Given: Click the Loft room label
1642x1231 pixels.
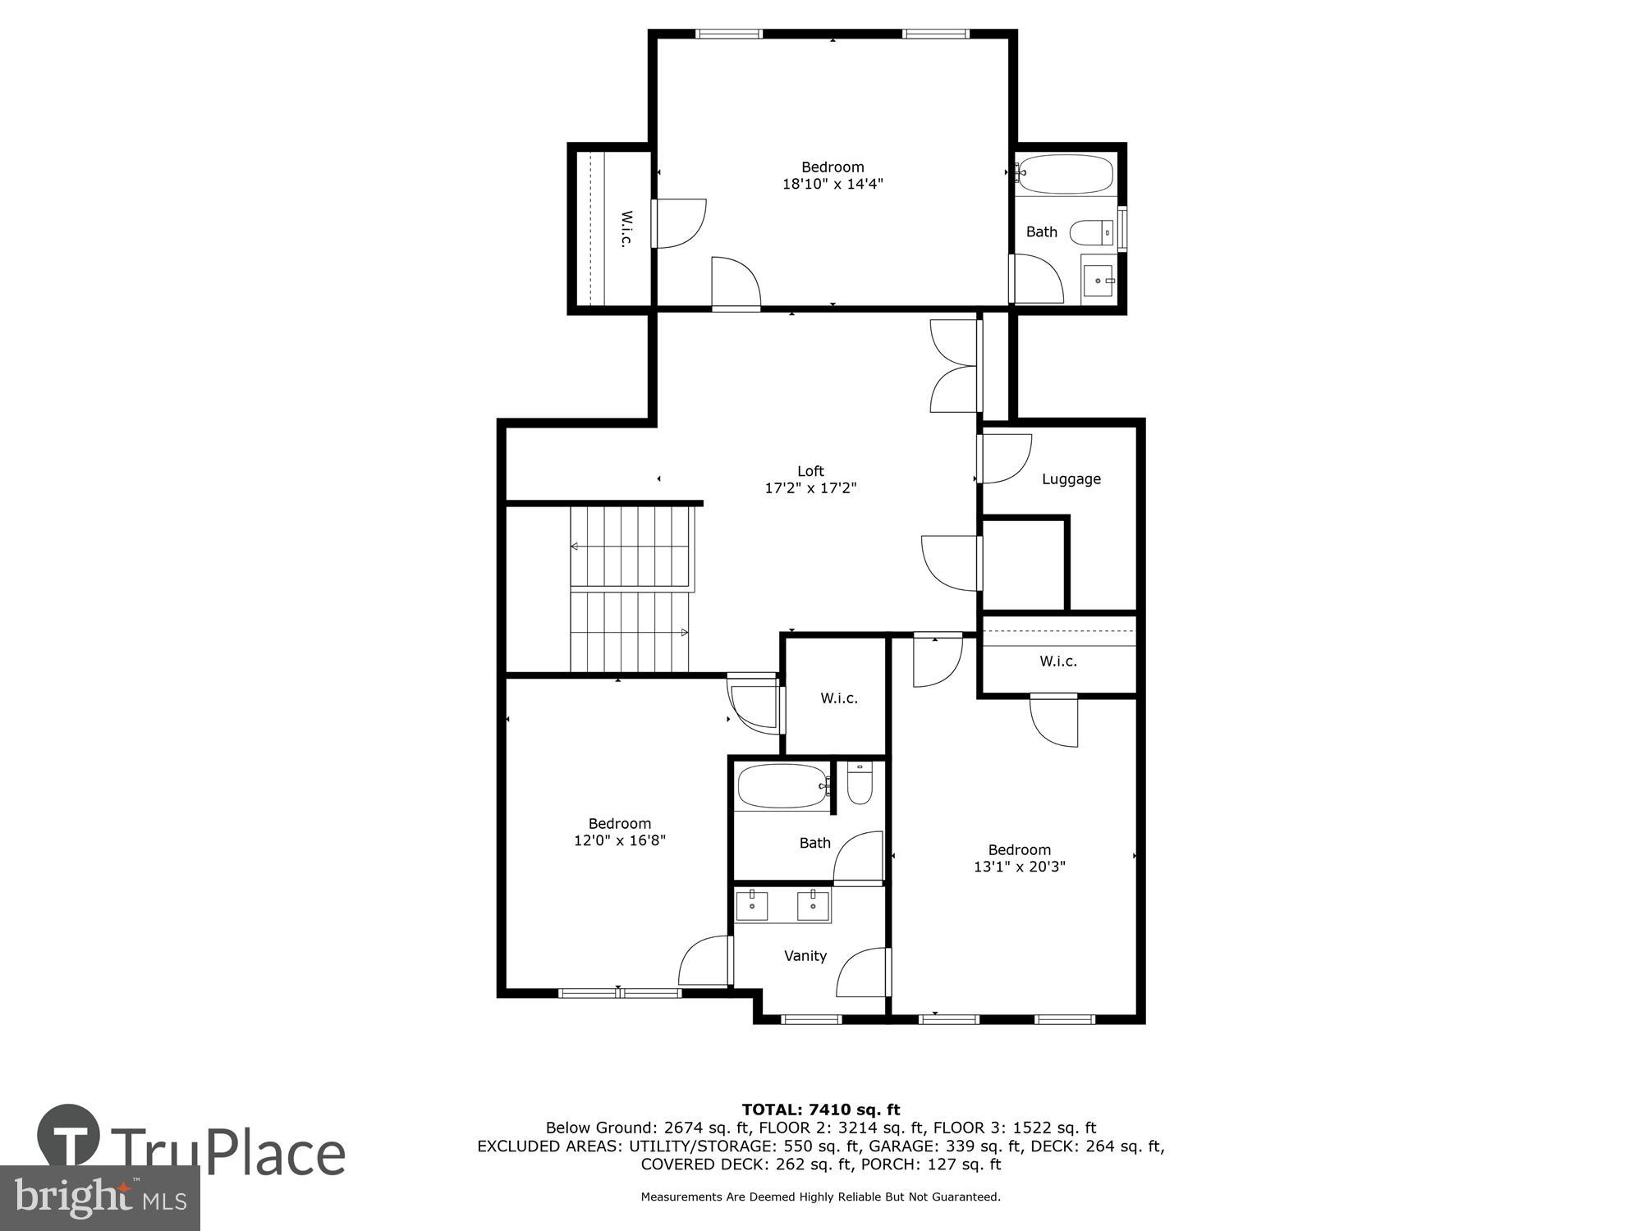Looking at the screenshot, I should [x=810, y=471].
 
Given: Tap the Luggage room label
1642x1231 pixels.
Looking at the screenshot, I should [x=1071, y=479].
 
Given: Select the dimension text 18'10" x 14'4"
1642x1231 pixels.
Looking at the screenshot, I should [x=832, y=185].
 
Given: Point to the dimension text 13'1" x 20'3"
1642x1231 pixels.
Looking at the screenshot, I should [x=1019, y=867].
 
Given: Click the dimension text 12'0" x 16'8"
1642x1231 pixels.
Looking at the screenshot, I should [x=619, y=840].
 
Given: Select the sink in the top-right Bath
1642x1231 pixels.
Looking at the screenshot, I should [x=1098, y=281].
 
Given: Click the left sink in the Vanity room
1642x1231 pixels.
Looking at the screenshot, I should [x=751, y=906].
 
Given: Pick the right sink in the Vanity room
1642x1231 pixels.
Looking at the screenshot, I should [x=814, y=906].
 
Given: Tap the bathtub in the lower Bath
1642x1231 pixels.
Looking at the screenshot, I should [x=782, y=787].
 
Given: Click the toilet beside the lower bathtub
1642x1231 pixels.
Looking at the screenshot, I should [x=860, y=785].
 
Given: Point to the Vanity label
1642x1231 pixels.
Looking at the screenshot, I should [x=805, y=956].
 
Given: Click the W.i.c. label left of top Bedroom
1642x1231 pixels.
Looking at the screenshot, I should [x=626, y=229].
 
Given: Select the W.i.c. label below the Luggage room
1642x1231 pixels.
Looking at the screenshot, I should [x=1057, y=661].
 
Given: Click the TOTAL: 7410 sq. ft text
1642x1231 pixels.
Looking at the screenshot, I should [x=820, y=1110].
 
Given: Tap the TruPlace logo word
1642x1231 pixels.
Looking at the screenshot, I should [x=227, y=1152].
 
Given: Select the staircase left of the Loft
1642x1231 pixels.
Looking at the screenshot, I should [x=631, y=589].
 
